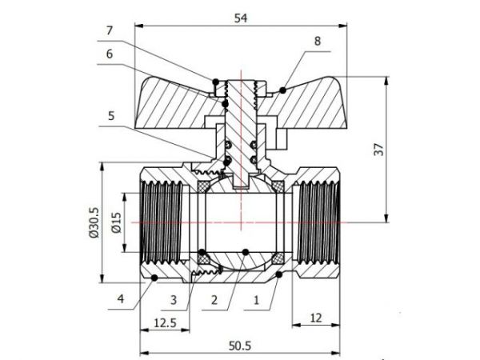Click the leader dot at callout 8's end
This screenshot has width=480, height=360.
coord(282,87)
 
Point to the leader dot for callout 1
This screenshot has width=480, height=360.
coord(278,274)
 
